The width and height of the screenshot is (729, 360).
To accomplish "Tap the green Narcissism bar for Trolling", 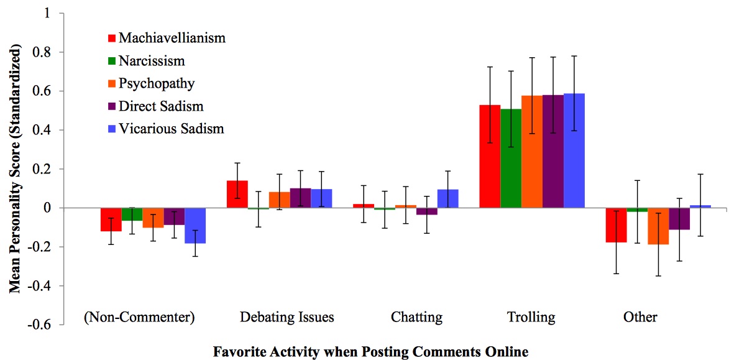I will tap(511, 159).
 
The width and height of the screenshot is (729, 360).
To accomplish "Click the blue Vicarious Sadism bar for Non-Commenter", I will tap(195, 225).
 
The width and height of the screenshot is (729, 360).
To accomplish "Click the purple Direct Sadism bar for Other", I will tap(679, 218).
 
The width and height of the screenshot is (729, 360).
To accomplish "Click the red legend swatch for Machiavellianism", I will tap(112, 39).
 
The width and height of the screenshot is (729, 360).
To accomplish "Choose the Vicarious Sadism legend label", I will tap(171, 129).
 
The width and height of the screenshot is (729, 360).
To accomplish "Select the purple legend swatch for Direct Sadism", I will tap(112, 106).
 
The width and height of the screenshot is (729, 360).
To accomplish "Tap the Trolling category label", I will tap(530, 317).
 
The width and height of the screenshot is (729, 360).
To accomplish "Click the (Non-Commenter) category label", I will tap(139, 317).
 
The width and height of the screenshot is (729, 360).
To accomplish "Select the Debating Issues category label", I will tap(287, 317).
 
